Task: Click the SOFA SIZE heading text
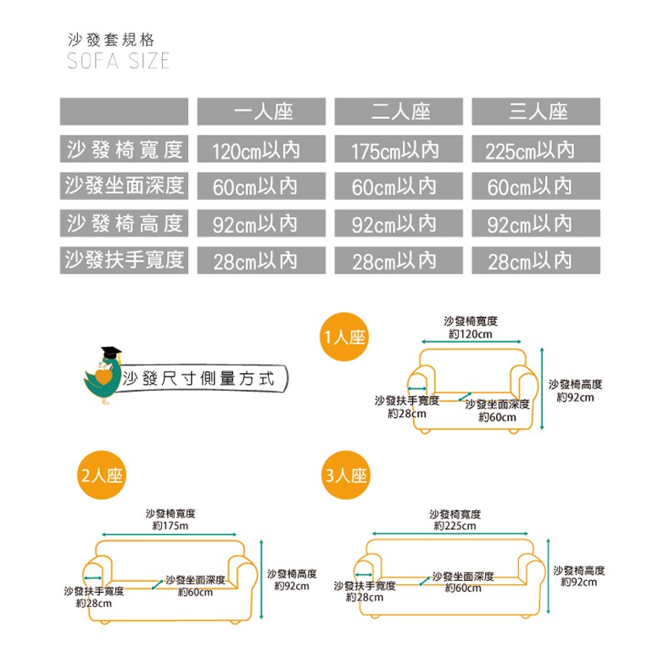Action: pyautogui.click(x=119, y=61)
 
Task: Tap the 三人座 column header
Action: pyautogui.click(x=537, y=112)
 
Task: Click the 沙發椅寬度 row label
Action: pyautogui.click(x=124, y=150)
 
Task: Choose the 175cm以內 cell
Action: pyautogui.click(x=395, y=151)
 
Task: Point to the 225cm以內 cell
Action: pyautogui.click(x=530, y=151)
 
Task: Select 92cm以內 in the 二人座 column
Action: pyautogui.click(x=395, y=224)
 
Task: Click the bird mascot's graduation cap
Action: pyautogui.click(x=109, y=353)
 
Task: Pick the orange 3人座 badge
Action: pyautogui.click(x=346, y=476)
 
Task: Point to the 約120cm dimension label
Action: pyautogui.click(x=470, y=334)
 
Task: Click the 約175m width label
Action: pyautogui.click(x=170, y=527)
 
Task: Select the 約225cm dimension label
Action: pyautogui.click(x=454, y=527)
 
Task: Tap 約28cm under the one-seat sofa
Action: pyautogui.click(x=406, y=413)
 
